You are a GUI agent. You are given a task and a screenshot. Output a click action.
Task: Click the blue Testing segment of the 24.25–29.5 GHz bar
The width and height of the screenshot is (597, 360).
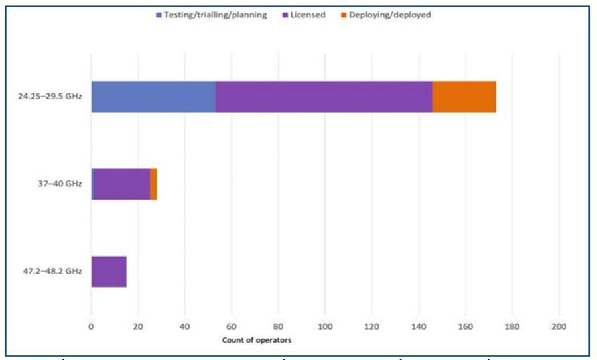coord(153,97)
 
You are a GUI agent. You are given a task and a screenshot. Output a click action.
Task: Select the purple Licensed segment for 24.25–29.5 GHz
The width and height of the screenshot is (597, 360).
coord(324,97)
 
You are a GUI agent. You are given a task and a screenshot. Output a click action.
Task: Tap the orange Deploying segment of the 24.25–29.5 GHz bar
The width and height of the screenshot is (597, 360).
coord(464,97)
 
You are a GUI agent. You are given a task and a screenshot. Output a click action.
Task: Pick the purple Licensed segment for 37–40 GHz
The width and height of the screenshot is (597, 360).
coord(121,184)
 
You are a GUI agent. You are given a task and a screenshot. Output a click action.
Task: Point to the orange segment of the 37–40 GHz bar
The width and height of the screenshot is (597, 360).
coord(153,184)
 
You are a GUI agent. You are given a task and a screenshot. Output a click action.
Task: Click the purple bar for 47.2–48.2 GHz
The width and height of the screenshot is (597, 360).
coord(109,272)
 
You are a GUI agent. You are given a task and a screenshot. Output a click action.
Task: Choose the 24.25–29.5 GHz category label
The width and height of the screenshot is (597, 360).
coord(50,96)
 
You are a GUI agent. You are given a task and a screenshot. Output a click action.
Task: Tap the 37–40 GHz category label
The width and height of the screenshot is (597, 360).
coord(60,184)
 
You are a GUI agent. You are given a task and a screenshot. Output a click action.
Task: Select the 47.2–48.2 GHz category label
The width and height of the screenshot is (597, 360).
coord(52,271)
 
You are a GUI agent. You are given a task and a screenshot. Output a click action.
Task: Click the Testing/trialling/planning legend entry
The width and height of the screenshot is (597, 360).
coord(212,15)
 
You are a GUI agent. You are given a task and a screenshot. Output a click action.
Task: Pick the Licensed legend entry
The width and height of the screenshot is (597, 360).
coord(304,15)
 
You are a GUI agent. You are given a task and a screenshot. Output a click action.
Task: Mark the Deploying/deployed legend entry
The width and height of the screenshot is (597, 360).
coord(386,15)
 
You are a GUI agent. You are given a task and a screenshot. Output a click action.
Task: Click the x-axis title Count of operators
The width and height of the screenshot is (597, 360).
coord(257,340)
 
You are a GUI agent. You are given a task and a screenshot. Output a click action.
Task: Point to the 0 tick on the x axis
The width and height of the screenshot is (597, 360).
coord(91,326)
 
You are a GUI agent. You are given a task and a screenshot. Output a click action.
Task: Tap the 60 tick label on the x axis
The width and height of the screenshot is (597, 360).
coord(232,326)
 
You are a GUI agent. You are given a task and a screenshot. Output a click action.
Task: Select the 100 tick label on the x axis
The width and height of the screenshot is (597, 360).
coord(325,326)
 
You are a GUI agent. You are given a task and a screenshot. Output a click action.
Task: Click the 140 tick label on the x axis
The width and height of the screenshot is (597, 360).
coord(419,326)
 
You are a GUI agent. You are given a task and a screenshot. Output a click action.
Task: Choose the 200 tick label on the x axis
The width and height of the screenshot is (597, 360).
coord(559,326)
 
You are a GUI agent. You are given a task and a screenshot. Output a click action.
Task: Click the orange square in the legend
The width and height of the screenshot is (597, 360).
coord(344,15)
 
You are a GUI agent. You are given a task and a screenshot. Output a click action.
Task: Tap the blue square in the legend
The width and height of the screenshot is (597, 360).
coord(159,15)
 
